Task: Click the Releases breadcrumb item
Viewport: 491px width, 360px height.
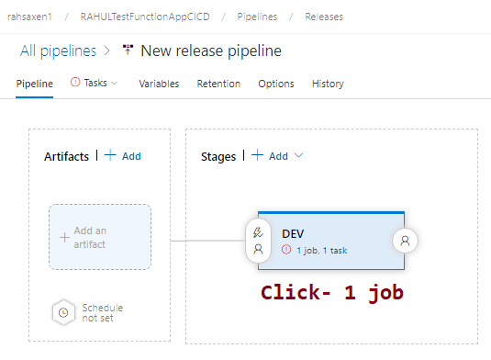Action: [326, 16]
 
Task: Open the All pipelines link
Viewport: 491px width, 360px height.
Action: [58, 51]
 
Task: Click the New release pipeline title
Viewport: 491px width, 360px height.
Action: [211, 51]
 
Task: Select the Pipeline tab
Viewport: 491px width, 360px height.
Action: [35, 84]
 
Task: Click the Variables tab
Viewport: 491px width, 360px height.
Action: [159, 84]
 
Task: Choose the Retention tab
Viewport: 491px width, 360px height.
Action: [218, 84]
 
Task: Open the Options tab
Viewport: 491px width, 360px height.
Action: [275, 84]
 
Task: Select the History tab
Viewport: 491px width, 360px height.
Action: [328, 84]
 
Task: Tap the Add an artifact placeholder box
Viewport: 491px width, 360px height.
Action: [99, 237]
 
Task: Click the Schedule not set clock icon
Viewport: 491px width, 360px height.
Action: [62, 312]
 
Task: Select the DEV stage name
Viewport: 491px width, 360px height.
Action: [293, 234]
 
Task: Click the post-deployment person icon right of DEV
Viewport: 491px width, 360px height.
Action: [405, 241]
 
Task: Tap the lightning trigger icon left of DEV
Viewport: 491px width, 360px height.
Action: [259, 232]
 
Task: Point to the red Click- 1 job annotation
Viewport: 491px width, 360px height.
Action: [331, 293]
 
